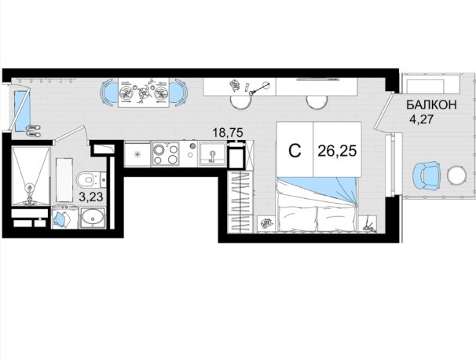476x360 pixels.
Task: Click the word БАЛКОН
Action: pos(431,105)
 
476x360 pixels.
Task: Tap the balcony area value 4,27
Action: pos(421,119)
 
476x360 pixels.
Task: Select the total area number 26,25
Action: pos(337,151)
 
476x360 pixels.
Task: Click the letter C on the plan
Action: pos(295,151)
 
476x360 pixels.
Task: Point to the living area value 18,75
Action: pos(228,133)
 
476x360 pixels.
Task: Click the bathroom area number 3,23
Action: pos(91,197)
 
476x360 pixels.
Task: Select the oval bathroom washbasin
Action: pos(92,217)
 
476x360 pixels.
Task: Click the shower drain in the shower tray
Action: pos(29,188)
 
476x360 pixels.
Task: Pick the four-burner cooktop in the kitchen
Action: pos(166,155)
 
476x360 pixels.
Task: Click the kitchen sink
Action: pos(212,154)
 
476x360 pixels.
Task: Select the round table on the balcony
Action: pos(456,175)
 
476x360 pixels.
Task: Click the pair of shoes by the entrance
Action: pos(33,130)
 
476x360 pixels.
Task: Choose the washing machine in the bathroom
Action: pos(64,218)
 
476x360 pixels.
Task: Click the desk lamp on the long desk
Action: pos(259,89)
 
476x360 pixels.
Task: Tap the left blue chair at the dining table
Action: pos(109,93)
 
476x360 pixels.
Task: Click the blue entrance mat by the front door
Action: pos(22,112)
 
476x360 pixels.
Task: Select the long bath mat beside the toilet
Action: pos(64,180)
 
